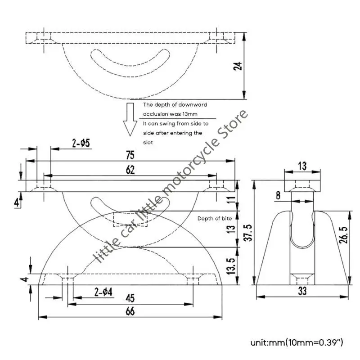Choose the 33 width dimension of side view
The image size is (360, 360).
[x=302, y=292]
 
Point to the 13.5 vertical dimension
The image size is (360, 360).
[x=232, y=266]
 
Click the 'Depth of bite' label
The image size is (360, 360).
[x=215, y=218]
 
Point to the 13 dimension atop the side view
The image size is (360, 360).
[x=302, y=166]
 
